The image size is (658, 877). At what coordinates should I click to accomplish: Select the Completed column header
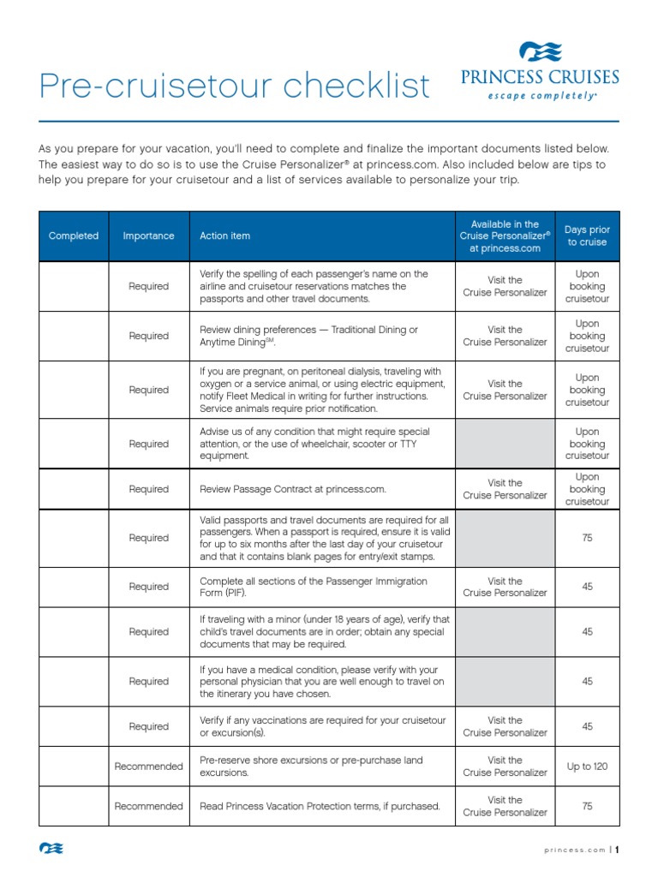[x=74, y=236]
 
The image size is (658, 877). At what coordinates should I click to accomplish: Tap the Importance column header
[x=148, y=236]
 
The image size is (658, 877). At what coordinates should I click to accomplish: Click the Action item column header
[x=225, y=236]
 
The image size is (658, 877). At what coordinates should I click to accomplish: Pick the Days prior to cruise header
[x=587, y=236]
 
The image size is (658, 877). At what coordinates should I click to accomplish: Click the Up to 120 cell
[x=587, y=767]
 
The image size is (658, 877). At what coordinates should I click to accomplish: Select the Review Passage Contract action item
[x=293, y=489]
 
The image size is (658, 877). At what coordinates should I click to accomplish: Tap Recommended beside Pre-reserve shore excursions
[x=148, y=767]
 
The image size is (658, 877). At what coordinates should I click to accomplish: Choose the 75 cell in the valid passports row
[x=587, y=538]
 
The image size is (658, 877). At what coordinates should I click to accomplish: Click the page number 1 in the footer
[x=616, y=850]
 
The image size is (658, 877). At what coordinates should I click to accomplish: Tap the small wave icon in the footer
[x=51, y=849]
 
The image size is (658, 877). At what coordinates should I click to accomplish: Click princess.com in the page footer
[x=574, y=850]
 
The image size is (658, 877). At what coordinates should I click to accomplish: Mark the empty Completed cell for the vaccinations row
[x=74, y=726]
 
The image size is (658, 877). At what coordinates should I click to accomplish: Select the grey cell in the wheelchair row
[x=505, y=444]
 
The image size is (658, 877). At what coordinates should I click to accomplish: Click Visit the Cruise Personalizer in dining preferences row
[x=505, y=336]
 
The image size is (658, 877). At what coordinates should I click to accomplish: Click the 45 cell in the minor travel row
[x=587, y=631]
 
